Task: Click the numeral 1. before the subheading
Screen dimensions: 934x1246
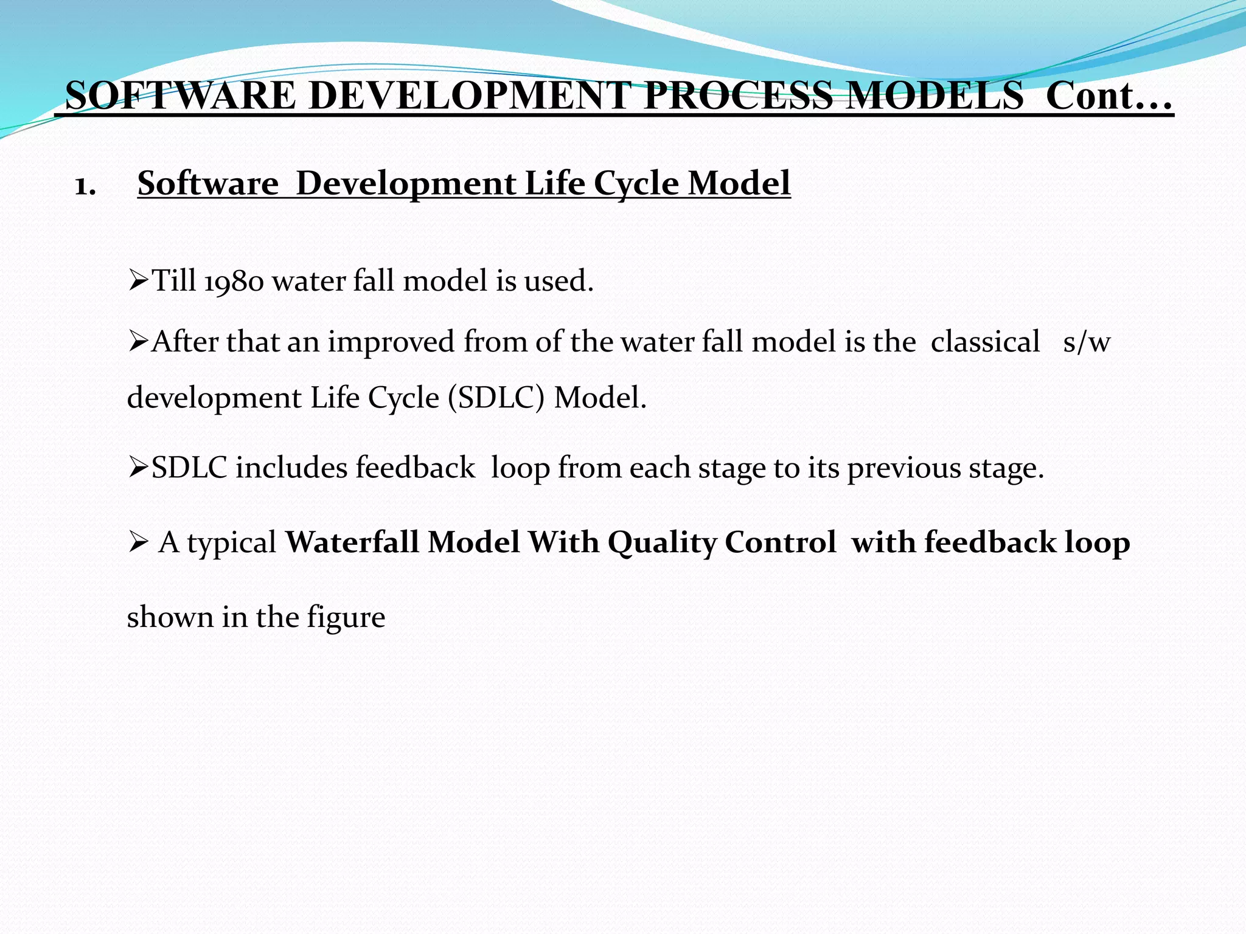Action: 85,185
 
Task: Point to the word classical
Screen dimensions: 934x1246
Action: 985,342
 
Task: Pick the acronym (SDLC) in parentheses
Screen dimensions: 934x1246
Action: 496,399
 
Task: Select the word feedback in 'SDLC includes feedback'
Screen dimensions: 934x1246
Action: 415,468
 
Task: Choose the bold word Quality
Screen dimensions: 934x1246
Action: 662,543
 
